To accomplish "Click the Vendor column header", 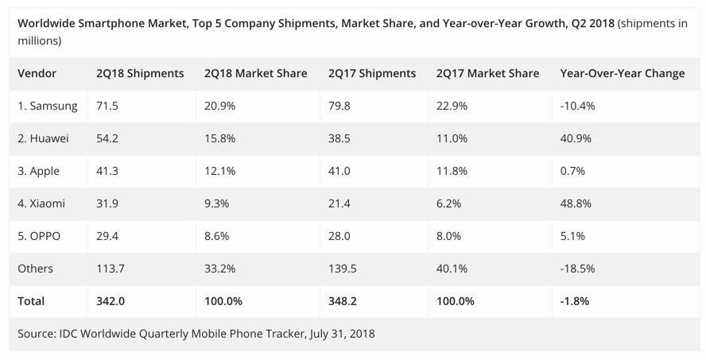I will [37, 73].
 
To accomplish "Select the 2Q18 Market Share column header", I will [255, 73].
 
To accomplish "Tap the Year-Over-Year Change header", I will [622, 73].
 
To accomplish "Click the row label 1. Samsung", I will [47, 106].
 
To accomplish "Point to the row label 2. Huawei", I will [43, 138].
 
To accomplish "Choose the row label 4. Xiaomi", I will [41, 203].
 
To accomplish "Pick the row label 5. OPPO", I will [40, 236].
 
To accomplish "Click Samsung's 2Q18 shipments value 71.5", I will [109, 106].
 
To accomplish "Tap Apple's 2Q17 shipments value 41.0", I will [339, 171].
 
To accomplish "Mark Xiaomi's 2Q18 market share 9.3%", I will [218, 203].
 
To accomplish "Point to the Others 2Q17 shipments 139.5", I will [343, 269].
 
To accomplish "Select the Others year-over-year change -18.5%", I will [578, 269].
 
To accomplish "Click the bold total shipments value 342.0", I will [112, 301].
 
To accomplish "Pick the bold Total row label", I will [31, 301].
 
